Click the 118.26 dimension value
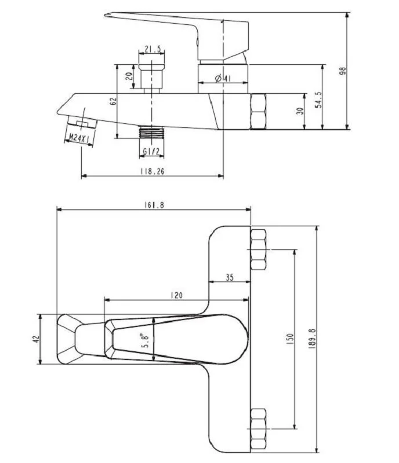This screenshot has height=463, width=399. click(x=152, y=171)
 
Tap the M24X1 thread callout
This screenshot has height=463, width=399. click(x=79, y=138)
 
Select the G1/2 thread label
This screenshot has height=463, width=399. click(x=151, y=152)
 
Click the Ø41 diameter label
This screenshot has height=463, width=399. click(x=223, y=78)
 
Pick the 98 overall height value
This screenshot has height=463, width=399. click(x=343, y=71)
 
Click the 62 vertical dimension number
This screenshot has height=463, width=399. click(x=113, y=102)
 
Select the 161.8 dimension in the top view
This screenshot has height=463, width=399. click(x=154, y=205)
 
